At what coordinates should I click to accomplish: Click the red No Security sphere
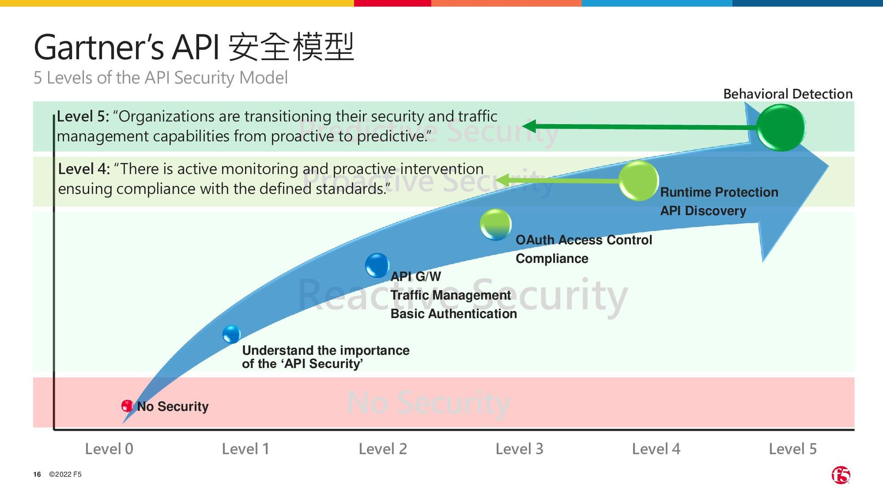pos(127,406)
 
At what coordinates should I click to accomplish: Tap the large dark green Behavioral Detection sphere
pos(780,127)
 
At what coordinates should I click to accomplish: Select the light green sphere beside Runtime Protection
pos(638,181)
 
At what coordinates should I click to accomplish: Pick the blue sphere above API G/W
pos(377,266)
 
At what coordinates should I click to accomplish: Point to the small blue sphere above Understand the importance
pos(231,334)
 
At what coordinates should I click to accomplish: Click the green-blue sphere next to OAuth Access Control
pos(495,225)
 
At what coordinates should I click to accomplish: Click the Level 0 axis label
pos(109,449)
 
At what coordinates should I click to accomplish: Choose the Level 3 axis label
pos(519,449)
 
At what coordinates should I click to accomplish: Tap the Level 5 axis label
pos(792,449)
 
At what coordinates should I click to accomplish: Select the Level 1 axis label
pos(245,449)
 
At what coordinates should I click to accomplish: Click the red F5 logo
pos(841,475)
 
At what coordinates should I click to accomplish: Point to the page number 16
pos(37,474)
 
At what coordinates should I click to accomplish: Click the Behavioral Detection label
pos(788,94)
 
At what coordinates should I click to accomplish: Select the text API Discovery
pos(703,211)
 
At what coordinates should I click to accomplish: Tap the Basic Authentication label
pos(453,314)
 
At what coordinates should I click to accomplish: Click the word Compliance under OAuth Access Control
pos(552,259)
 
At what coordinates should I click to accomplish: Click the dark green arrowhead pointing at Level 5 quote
pos(530,126)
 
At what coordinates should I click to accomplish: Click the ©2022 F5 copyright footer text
pos(65,474)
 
